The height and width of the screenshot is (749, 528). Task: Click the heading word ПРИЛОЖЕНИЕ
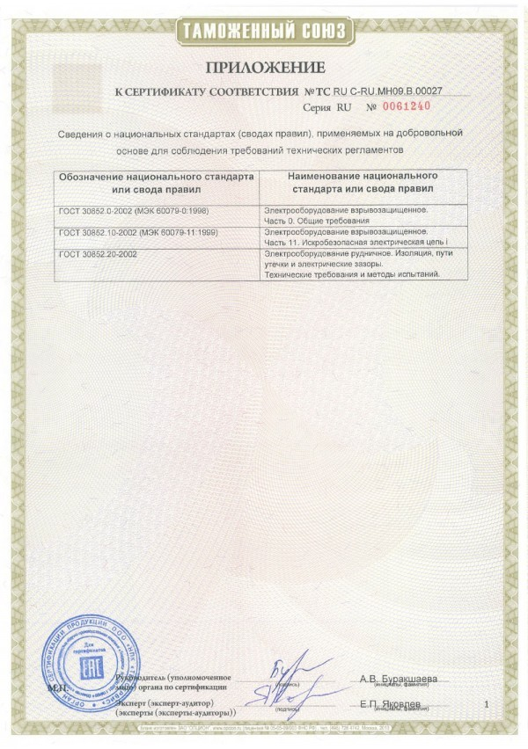(265, 67)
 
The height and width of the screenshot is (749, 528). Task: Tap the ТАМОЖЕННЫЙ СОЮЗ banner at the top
(264, 30)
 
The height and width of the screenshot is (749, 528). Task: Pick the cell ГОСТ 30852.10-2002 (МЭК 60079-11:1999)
(138, 232)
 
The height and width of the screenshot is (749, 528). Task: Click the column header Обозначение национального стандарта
(155, 182)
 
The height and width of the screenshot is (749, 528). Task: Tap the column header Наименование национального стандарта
(363, 182)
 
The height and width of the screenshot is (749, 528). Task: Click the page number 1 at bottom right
(485, 704)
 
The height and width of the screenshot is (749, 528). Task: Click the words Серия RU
(326, 107)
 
